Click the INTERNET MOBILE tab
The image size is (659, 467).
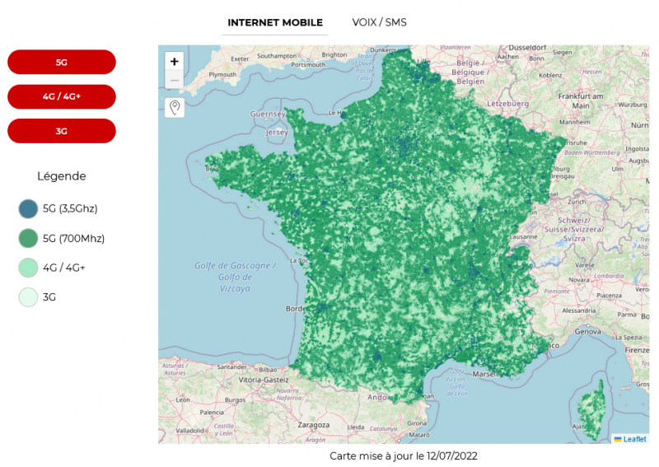click(x=275, y=22)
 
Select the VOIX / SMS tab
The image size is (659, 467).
click(x=379, y=22)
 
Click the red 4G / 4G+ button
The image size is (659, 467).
click(x=62, y=96)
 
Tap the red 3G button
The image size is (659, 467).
click(x=62, y=131)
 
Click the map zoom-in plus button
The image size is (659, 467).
click(x=175, y=62)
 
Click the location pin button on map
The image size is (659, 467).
click(x=175, y=108)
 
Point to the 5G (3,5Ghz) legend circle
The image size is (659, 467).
click(x=29, y=209)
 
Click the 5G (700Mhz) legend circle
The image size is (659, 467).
click(x=29, y=239)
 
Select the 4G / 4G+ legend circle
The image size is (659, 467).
click(x=29, y=268)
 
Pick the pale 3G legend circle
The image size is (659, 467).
click(x=29, y=297)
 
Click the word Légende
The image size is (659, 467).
click(x=62, y=176)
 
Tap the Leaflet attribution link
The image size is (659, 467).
click(x=634, y=439)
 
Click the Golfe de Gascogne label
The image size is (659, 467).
click(x=235, y=265)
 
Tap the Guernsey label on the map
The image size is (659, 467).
click(x=267, y=113)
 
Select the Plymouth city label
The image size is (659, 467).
click(x=222, y=74)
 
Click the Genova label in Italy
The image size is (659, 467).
click(x=589, y=331)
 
